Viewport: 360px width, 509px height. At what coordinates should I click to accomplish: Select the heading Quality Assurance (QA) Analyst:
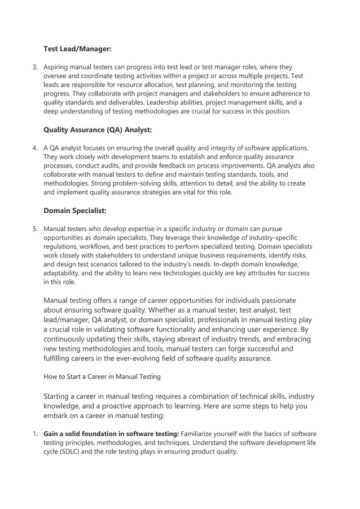coord(98,130)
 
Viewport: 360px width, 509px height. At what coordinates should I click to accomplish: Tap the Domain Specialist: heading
coord(74,210)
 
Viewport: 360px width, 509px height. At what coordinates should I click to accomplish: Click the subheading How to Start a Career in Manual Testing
coord(102,376)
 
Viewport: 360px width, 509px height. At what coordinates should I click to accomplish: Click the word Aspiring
coord(57,67)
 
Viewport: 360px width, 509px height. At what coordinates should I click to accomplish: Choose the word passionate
coord(277,300)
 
